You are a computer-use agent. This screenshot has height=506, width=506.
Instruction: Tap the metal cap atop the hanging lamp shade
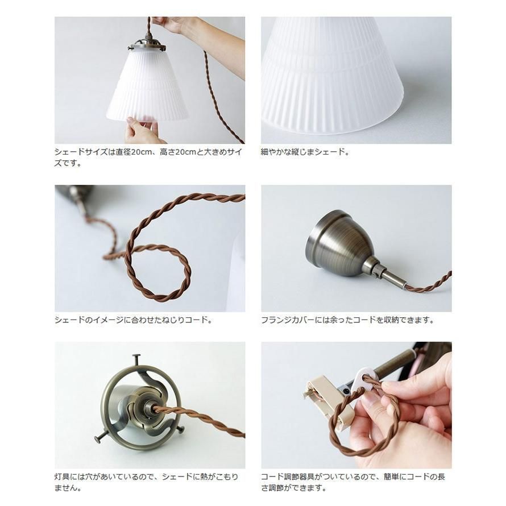click(147, 45)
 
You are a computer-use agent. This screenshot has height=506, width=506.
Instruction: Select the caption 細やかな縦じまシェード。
click(305, 152)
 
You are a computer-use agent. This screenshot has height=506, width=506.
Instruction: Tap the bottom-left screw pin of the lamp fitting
click(100, 438)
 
